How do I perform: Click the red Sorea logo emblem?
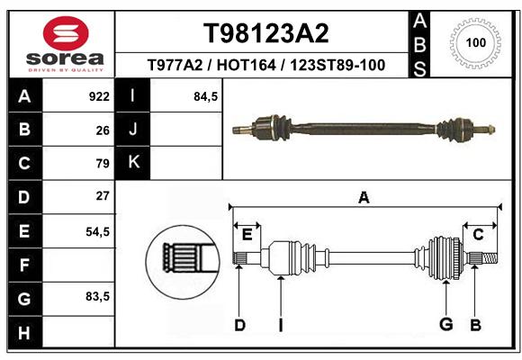point(66,33)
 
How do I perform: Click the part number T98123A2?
point(266,33)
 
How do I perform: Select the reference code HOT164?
point(246,65)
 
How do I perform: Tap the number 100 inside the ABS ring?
point(476,42)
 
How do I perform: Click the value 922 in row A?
point(99,96)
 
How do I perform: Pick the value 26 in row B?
point(103,130)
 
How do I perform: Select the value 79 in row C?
point(103,164)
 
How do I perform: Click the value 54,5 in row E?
point(97,232)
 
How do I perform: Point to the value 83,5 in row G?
point(97,296)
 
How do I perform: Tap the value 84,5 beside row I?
point(205,97)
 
